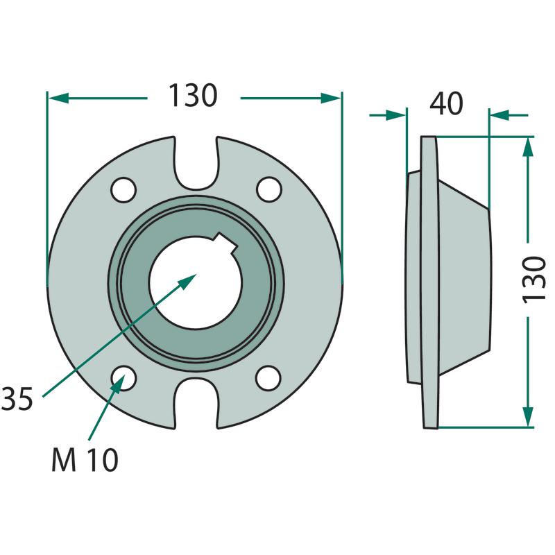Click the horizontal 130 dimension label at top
click(x=194, y=96)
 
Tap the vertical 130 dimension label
click(x=535, y=279)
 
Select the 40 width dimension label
click(x=447, y=104)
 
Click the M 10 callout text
click(x=85, y=461)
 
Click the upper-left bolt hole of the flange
click(x=123, y=188)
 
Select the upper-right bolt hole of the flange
click(x=268, y=188)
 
